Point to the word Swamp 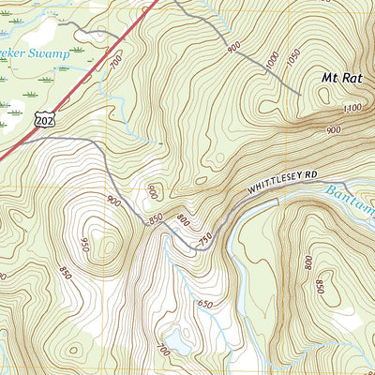(x=49, y=54)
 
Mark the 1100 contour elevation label (x=353, y=109)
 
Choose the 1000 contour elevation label (x=272, y=61)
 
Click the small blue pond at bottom (x=178, y=339)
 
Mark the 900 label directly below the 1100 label (x=334, y=129)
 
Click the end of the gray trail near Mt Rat (x=299, y=95)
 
